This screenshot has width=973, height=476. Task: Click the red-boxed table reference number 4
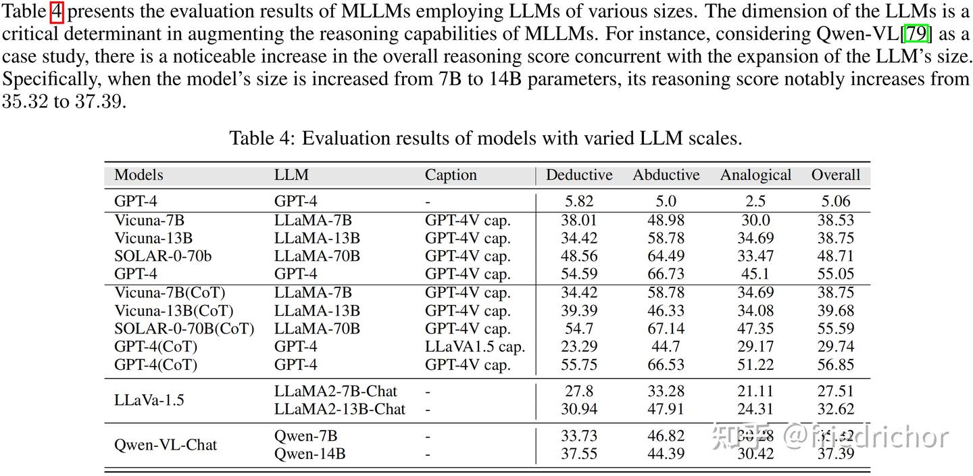(x=57, y=12)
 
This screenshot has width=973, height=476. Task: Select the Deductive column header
(x=579, y=175)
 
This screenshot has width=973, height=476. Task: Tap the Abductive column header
(x=666, y=175)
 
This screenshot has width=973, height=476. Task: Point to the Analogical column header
(x=755, y=175)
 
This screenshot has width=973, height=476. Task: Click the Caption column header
(x=451, y=175)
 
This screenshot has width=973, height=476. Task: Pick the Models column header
(x=139, y=175)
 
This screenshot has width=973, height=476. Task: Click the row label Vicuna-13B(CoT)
(x=174, y=311)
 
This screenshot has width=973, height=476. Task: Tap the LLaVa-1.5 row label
(x=149, y=400)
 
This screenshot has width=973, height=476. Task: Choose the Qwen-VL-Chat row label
(x=166, y=445)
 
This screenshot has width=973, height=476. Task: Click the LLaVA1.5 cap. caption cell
(x=475, y=347)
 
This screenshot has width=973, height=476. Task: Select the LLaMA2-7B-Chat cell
(x=336, y=391)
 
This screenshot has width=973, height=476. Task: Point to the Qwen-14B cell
(x=310, y=454)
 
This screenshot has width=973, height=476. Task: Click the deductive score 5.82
(x=579, y=201)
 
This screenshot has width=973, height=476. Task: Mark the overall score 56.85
(x=835, y=365)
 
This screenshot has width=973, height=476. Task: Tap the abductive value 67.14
(x=666, y=329)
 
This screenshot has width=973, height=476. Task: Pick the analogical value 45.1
(x=755, y=275)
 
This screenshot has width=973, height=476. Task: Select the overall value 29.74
(x=835, y=347)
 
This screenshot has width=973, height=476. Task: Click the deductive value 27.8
(x=579, y=391)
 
